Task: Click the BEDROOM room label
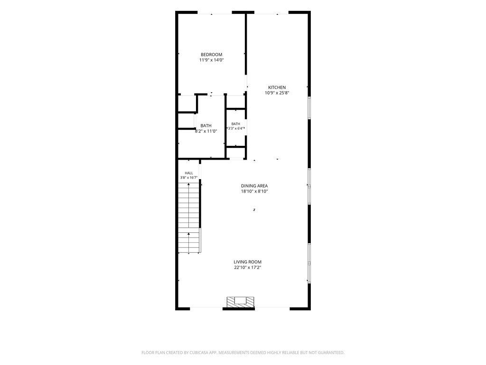pyautogui.click(x=211, y=55)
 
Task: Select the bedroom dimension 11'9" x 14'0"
pyautogui.click(x=211, y=60)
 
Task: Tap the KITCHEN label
pyautogui.click(x=277, y=87)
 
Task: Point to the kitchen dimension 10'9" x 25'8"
pyautogui.click(x=277, y=93)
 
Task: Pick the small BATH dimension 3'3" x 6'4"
pyautogui.click(x=235, y=128)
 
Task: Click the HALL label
pyautogui.click(x=189, y=173)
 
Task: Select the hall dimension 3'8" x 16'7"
pyautogui.click(x=189, y=178)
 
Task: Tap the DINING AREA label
pyautogui.click(x=254, y=186)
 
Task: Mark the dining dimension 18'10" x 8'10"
pyautogui.click(x=254, y=192)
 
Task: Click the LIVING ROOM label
pyautogui.click(x=247, y=262)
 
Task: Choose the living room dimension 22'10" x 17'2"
pyautogui.click(x=247, y=268)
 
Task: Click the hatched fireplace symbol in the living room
pyautogui.click(x=240, y=302)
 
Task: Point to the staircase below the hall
pyautogui.click(x=189, y=218)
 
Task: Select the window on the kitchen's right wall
pyautogui.click(x=309, y=108)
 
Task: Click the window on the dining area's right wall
pyautogui.click(x=309, y=186)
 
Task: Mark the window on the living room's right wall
pyautogui.click(x=309, y=263)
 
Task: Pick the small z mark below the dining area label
pyautogui.click(x=254, y=210)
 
